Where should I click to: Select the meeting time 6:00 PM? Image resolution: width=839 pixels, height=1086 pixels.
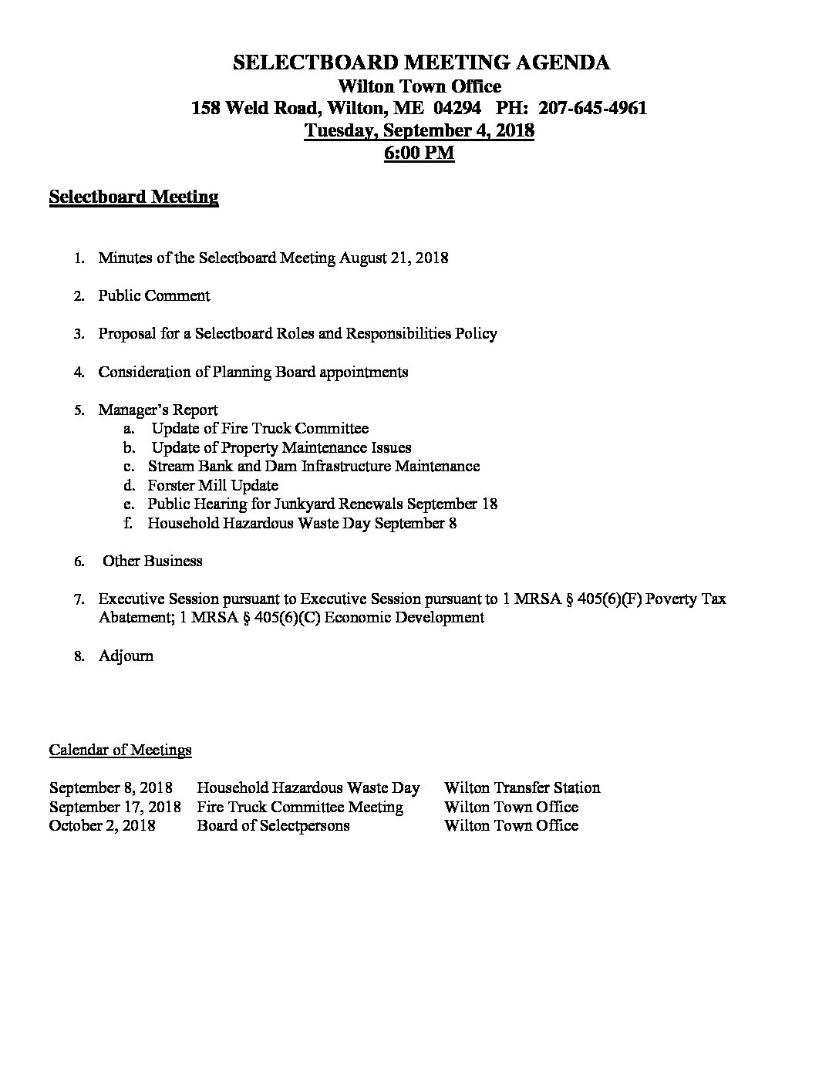point(419,153)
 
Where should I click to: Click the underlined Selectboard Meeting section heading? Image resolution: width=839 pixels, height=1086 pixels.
point(133,197)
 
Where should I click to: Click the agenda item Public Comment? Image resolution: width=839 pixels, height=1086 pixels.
point(153,295)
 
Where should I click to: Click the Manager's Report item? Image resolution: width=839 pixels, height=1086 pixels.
point(157,410)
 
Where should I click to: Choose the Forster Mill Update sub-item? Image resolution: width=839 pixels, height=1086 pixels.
point(213,485)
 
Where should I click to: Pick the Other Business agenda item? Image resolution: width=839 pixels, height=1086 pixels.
point(152,561)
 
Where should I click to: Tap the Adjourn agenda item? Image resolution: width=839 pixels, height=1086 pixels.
point(126,656)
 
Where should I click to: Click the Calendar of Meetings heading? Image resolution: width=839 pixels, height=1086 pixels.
point(120,750)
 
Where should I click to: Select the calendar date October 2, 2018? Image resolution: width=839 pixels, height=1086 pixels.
point(102,825)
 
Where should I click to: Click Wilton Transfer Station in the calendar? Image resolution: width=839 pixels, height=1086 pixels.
point(522,788)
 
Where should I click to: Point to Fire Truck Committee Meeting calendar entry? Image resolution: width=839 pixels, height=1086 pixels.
point(300,807)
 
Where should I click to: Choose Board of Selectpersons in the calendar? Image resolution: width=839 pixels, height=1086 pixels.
point(273,825)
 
